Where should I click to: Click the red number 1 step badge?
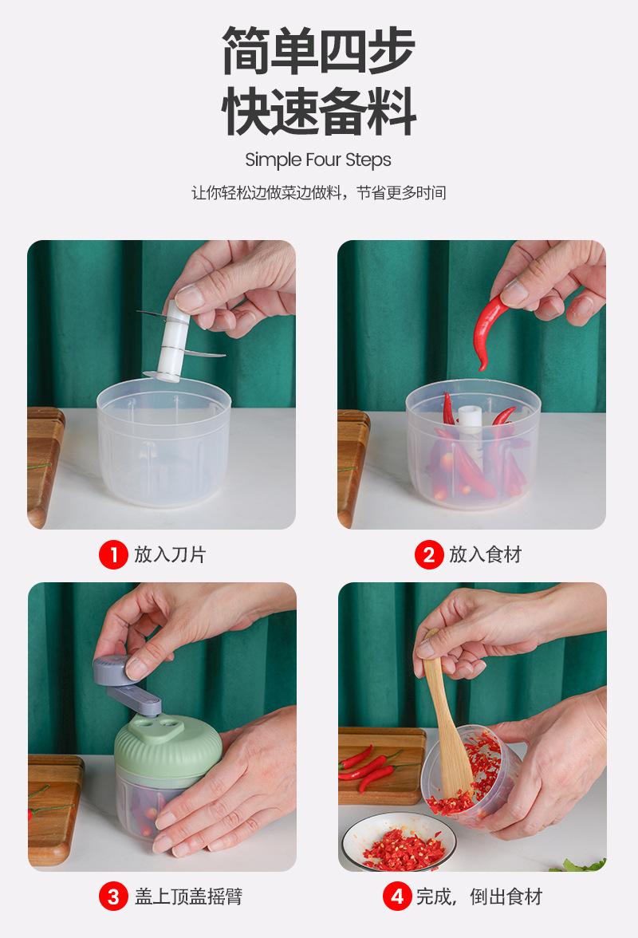113,554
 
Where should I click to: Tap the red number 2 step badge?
429,554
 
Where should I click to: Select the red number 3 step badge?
113,897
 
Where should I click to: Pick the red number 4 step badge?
397,897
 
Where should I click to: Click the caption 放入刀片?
170,554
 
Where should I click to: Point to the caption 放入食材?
486,554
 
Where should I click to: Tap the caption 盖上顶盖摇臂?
188,897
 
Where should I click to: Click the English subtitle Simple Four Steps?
318,160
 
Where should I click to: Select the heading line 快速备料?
319,112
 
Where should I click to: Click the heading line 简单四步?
319,50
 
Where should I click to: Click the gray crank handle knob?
112,668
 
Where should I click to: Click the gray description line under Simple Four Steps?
319,193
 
